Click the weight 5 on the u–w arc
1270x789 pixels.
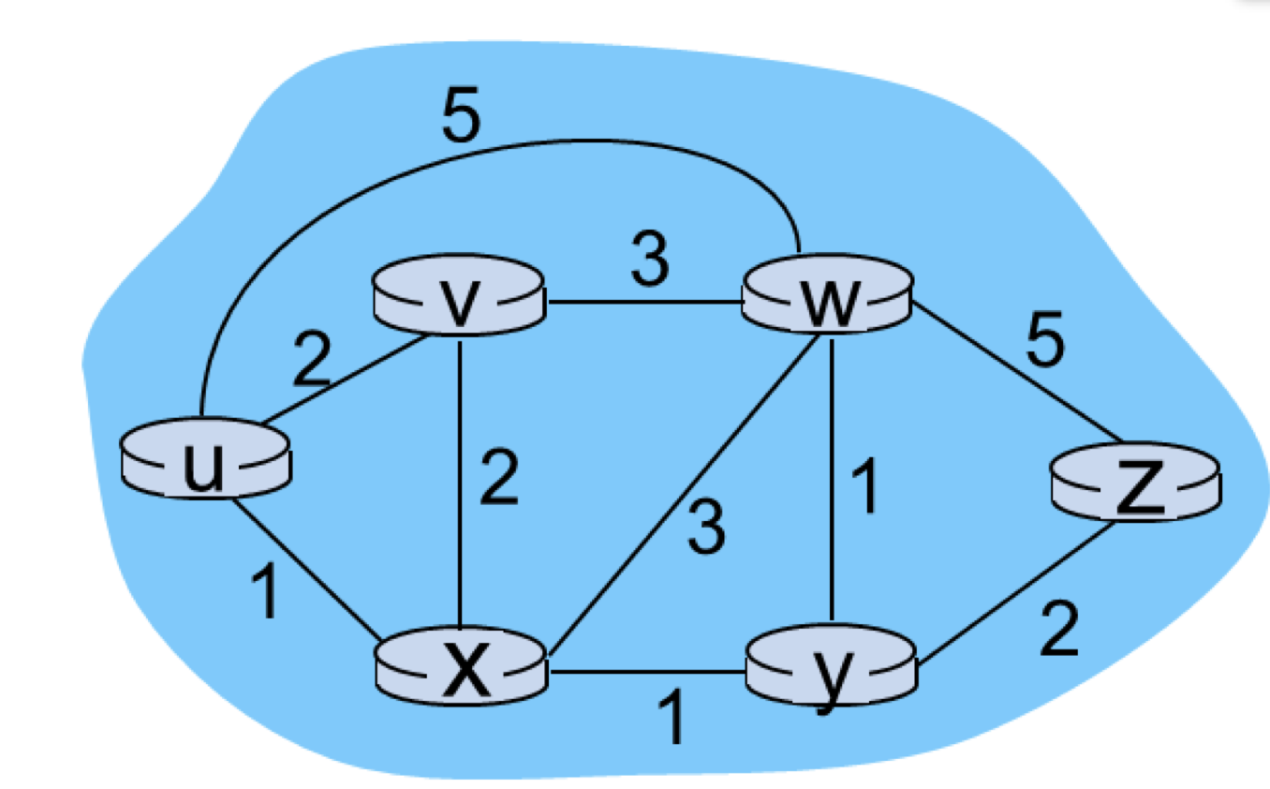pos(461,117)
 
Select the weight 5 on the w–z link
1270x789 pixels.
pos(1045,344)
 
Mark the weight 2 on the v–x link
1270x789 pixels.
pos(498,480)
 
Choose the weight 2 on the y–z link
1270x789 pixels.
pos(1059,632)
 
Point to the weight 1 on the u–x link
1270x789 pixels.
pos(268,595)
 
